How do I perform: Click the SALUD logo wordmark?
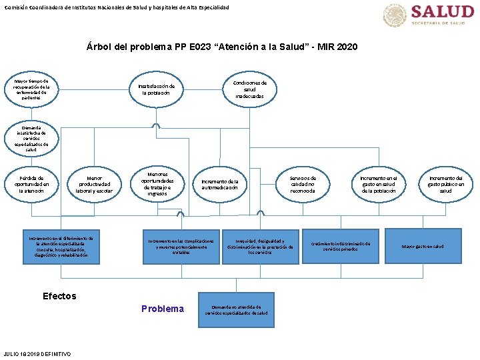coord(442,12)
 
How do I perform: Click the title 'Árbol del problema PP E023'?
coord(222,47)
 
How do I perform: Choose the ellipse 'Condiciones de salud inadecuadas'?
coord(249,90)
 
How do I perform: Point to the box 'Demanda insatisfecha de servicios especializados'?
coord(31,139)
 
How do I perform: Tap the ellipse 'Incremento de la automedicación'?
coord(220,185)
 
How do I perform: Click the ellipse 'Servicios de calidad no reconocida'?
coord(303,185)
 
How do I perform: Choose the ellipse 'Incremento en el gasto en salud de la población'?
coord(378,185)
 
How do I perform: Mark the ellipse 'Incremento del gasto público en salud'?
coord(445,185)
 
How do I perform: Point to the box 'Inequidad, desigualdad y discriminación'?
coord(260,247)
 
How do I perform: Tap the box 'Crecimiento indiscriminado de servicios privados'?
coord(340,247)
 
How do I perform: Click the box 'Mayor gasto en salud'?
coord(422,247)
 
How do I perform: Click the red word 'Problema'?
coord(163,309)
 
